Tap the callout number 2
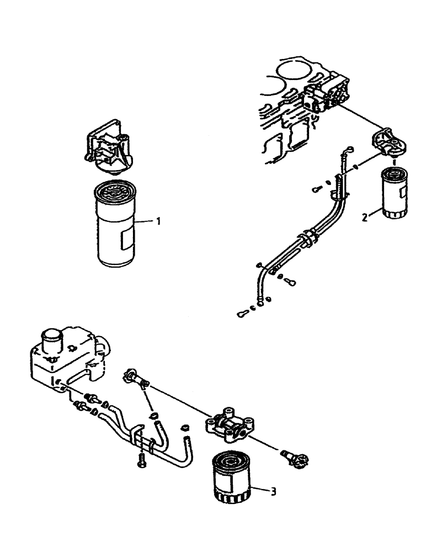(365, 217)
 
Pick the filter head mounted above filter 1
(108, 148)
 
